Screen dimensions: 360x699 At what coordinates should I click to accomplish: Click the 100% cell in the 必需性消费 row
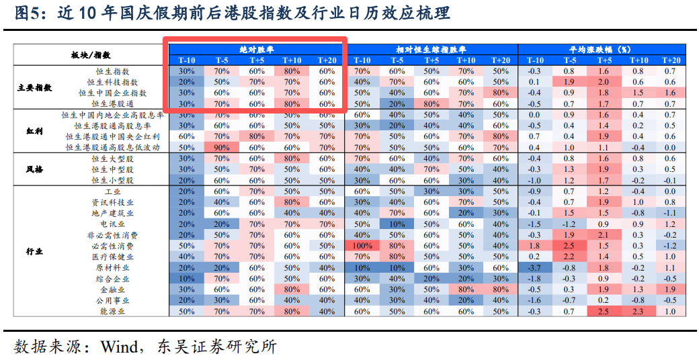[x=362, y=246]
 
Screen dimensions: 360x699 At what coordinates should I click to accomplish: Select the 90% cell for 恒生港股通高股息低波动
[x=221, y=148]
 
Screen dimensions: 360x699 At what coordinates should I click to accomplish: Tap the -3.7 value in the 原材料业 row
[x=534, y=268]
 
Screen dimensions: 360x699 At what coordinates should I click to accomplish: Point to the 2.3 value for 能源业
[x=637, y=312]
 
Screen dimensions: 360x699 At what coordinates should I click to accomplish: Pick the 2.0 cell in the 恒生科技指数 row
[x=603, y=82]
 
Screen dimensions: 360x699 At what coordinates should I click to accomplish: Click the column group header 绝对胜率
[x=256, y=50]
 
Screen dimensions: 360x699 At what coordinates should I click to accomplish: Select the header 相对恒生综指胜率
[x=431, y=50]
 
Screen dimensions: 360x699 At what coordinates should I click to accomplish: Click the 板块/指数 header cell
[x=91, y=55]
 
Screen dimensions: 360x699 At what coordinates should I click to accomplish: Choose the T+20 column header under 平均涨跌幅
[x=669, y=60]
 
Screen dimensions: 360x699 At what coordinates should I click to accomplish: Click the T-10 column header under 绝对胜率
[x=187, y=60]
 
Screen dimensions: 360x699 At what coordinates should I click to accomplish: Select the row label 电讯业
[x=112, y=224]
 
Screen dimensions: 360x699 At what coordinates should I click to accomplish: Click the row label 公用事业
[x=112, y=301]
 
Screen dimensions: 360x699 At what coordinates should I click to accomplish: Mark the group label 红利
[x=34, y=131]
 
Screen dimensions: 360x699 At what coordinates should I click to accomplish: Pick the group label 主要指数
[x=34, y=87]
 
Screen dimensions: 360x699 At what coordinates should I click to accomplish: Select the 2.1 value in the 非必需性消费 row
[x=603, y=236]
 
